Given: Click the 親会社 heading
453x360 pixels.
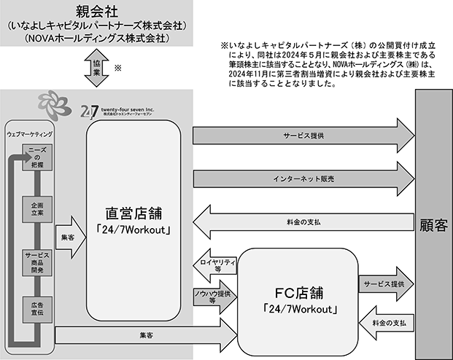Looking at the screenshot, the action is [x=97, y=12].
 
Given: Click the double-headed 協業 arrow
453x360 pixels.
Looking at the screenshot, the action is [x=96, y=68].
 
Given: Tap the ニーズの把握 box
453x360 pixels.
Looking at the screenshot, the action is [x=37, y=157].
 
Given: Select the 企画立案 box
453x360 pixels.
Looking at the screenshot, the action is [x=37, y=209].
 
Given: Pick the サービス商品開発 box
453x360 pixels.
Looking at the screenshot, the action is [x=37, y=262].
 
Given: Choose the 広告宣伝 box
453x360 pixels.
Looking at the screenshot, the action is [x=37, y=310].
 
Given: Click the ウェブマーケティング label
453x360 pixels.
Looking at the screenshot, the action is [x=30, y=134].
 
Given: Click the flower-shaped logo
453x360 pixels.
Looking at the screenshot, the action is [x=55, y=105].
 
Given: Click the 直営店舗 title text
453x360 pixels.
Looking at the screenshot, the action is [x=133, y=214].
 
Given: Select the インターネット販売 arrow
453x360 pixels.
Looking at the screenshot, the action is [x=304, y=179].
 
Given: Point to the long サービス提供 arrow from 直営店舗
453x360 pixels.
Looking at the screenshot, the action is [x=304, y=136].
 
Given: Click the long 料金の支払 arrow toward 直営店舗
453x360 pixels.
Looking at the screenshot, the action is [x=303, y=222].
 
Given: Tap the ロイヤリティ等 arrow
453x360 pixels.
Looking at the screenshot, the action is [x=215, y=265].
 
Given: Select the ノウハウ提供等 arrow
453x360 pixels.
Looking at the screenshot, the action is [x=215, y=297].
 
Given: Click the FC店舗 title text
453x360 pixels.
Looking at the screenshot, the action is [x=299, y=293].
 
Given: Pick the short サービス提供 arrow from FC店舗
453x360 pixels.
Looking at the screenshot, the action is [x=387, y=284].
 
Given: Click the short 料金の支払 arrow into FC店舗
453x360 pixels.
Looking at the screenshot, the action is [x=387, y=323].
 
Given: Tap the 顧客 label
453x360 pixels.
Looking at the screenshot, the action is [x=433, y=225].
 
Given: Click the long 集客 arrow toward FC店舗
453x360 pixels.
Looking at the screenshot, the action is [x=146, y=335].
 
